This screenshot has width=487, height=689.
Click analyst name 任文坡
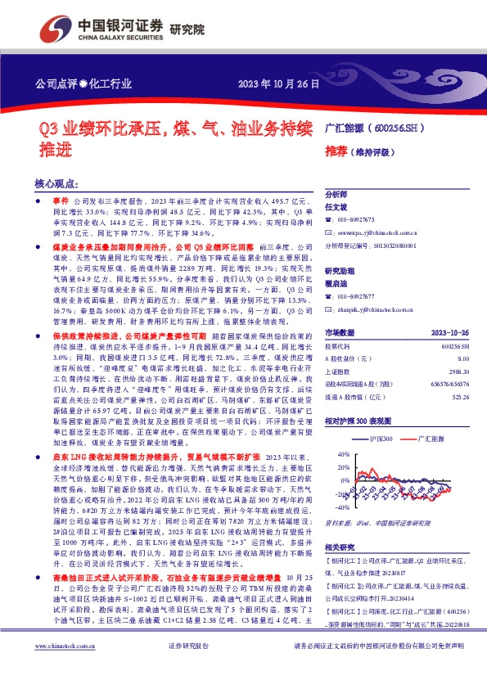[337, 208]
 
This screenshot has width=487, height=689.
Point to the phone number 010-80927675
[357, 219]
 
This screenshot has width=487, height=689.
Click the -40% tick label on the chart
[331, 494]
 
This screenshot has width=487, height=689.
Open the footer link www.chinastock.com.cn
[65, 669]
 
